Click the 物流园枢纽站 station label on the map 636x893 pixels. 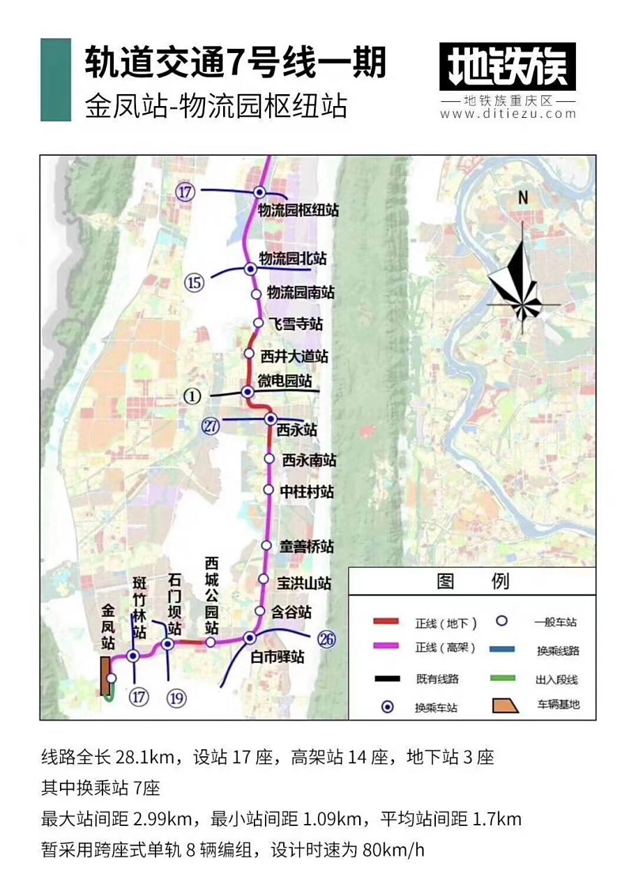[x=298, y=210]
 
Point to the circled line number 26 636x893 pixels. [x=326, y=638]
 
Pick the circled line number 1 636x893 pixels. [x=192, y=396]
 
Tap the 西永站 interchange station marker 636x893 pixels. [x=271, y=419]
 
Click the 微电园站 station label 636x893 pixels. [x=285, y=382]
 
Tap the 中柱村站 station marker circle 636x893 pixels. [x=268, y=490]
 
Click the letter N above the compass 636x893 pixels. [x=523, y=198]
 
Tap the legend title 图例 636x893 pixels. [x=472, y=581]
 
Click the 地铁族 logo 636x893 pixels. [x=508, y=67]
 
